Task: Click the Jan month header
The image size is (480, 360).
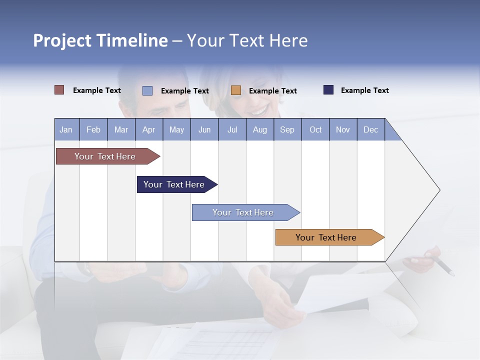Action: click(66, 129)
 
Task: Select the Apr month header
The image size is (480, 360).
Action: click(148, 129)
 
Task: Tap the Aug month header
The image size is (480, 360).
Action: click(259, 129)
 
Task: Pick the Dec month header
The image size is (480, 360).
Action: click(370, 129)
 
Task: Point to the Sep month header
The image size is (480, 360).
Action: click(287, 129)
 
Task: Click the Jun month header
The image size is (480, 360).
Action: click(204, 129)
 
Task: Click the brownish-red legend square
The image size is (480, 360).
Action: click(59, 90)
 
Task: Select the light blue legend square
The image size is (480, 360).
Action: click(147, 90)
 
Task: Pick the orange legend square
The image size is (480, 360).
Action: click(236, 90)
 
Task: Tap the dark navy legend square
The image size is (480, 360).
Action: click(328, 90)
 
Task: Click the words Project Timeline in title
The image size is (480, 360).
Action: click(100, 40)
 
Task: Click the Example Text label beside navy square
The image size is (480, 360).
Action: click(364, 90)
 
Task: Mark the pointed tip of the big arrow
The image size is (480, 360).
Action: click(439, 190)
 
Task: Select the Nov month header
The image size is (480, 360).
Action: click(342, 129)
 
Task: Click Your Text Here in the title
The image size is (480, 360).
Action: click(247, 40)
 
